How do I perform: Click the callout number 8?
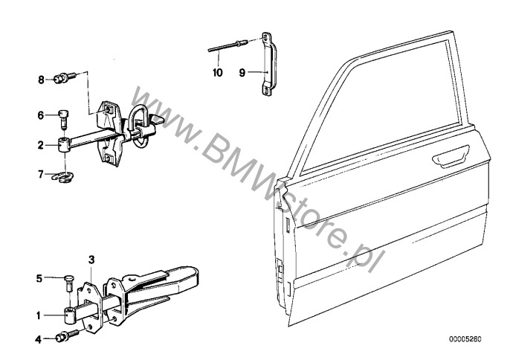(x=42, y=78)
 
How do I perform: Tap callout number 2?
(x=42, y=146)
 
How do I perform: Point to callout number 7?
(x=42, y=176)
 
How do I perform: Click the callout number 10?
(x=217, y=73)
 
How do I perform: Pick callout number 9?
(x=242, y=73)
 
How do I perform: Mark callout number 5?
(x=40, y=280)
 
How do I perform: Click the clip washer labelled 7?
(x=65, y=176)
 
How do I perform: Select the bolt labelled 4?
(x=60, y=339)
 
